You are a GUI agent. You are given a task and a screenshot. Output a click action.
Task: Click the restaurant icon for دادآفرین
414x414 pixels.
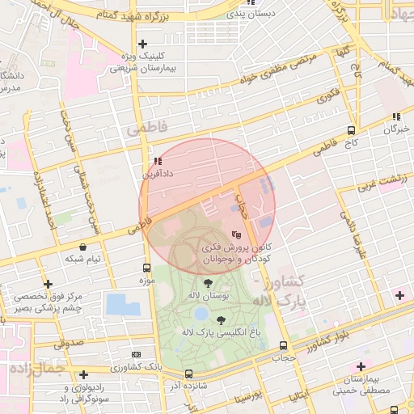tap(157, 161)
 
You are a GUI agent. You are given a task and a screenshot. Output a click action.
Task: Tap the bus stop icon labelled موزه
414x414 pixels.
tap(146, 268)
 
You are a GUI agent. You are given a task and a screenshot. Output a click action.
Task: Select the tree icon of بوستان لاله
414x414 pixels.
tap(209, 283)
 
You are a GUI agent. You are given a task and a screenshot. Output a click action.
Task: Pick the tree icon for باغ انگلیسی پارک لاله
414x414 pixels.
tap(222, 321)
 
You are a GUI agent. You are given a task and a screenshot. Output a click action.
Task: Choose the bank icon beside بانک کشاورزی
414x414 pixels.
tap(135, 355)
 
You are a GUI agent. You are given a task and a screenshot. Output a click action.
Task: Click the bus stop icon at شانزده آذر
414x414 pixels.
tap(188, 374)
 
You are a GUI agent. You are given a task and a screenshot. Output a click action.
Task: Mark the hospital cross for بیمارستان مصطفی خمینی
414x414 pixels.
tap(361, 366)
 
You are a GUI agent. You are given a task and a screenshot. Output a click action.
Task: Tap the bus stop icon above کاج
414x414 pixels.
tap(350, 129)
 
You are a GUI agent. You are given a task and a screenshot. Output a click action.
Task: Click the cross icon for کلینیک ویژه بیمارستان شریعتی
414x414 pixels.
tap(143, 44)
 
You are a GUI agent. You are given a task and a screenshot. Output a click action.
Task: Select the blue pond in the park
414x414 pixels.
tap(123, 305)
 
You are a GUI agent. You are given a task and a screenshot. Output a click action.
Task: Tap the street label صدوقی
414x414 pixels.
tap(70, 344)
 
